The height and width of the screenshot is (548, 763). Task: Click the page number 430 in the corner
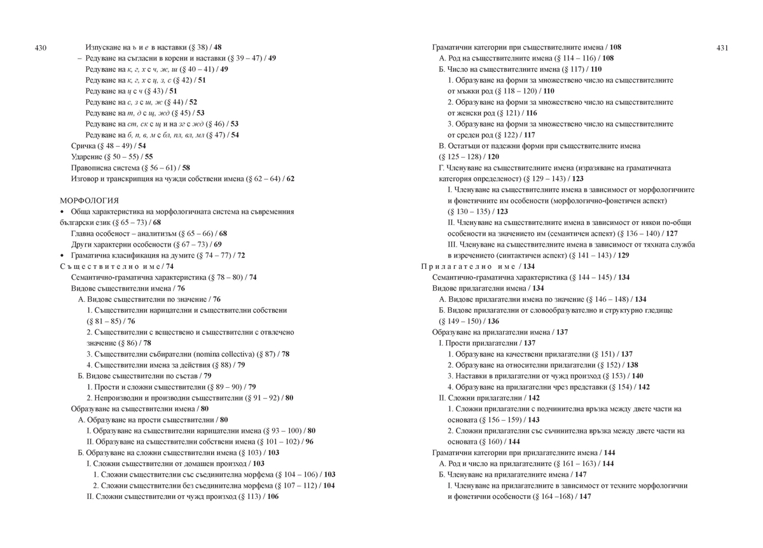click(41, 47)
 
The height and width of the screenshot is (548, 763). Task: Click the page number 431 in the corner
click(722, 47)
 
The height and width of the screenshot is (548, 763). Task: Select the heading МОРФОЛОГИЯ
click(89, 201)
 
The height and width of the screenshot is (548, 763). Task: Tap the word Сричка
click(83, 146)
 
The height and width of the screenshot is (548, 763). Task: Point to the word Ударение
click(87, 157)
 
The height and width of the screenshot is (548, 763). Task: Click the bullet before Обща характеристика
click(62, 212)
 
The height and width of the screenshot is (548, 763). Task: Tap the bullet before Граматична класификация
click(62, 256)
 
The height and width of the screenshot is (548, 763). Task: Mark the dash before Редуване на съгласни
click(79, 58)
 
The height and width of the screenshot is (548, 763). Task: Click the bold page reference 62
click(290, 179)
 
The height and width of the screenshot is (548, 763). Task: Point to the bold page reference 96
click(310, 442)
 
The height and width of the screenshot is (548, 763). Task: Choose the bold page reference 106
click(273, 497)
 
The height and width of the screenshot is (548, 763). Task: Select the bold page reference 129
click(624, 256)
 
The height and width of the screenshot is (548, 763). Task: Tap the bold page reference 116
click(531, 113)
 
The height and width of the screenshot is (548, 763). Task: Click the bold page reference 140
click(637, 376)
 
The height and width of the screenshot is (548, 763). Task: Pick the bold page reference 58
click(186, 168)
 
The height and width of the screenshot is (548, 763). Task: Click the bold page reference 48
click(217, 47)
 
